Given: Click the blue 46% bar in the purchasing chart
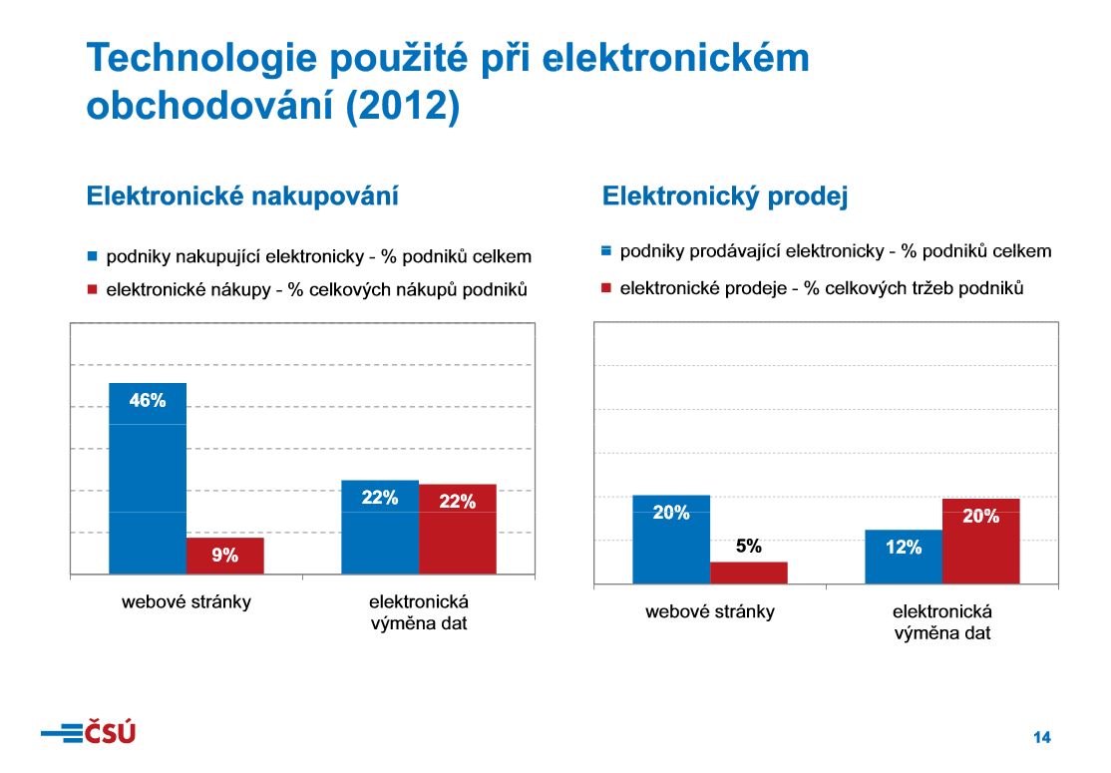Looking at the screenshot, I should point(148,478).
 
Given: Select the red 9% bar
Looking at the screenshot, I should point(225,556).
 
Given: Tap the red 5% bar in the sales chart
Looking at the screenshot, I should point(749,573).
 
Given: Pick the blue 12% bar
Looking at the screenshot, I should point(904,557).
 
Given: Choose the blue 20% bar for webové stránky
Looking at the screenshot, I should point(671,539).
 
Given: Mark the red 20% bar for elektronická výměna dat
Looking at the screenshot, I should point(981,541).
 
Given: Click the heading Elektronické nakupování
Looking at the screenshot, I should point(243,195).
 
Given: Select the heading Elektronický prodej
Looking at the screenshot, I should point(725,196).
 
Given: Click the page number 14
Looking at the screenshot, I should point(1041,738).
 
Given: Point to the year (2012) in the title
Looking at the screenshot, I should point(403,107).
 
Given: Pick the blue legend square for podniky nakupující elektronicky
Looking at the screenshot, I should point(93,256).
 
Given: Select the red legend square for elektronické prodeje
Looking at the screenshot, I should point(606,288).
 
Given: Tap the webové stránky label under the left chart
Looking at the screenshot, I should point(186,601).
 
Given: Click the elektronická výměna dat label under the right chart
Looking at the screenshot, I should point(942,622).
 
